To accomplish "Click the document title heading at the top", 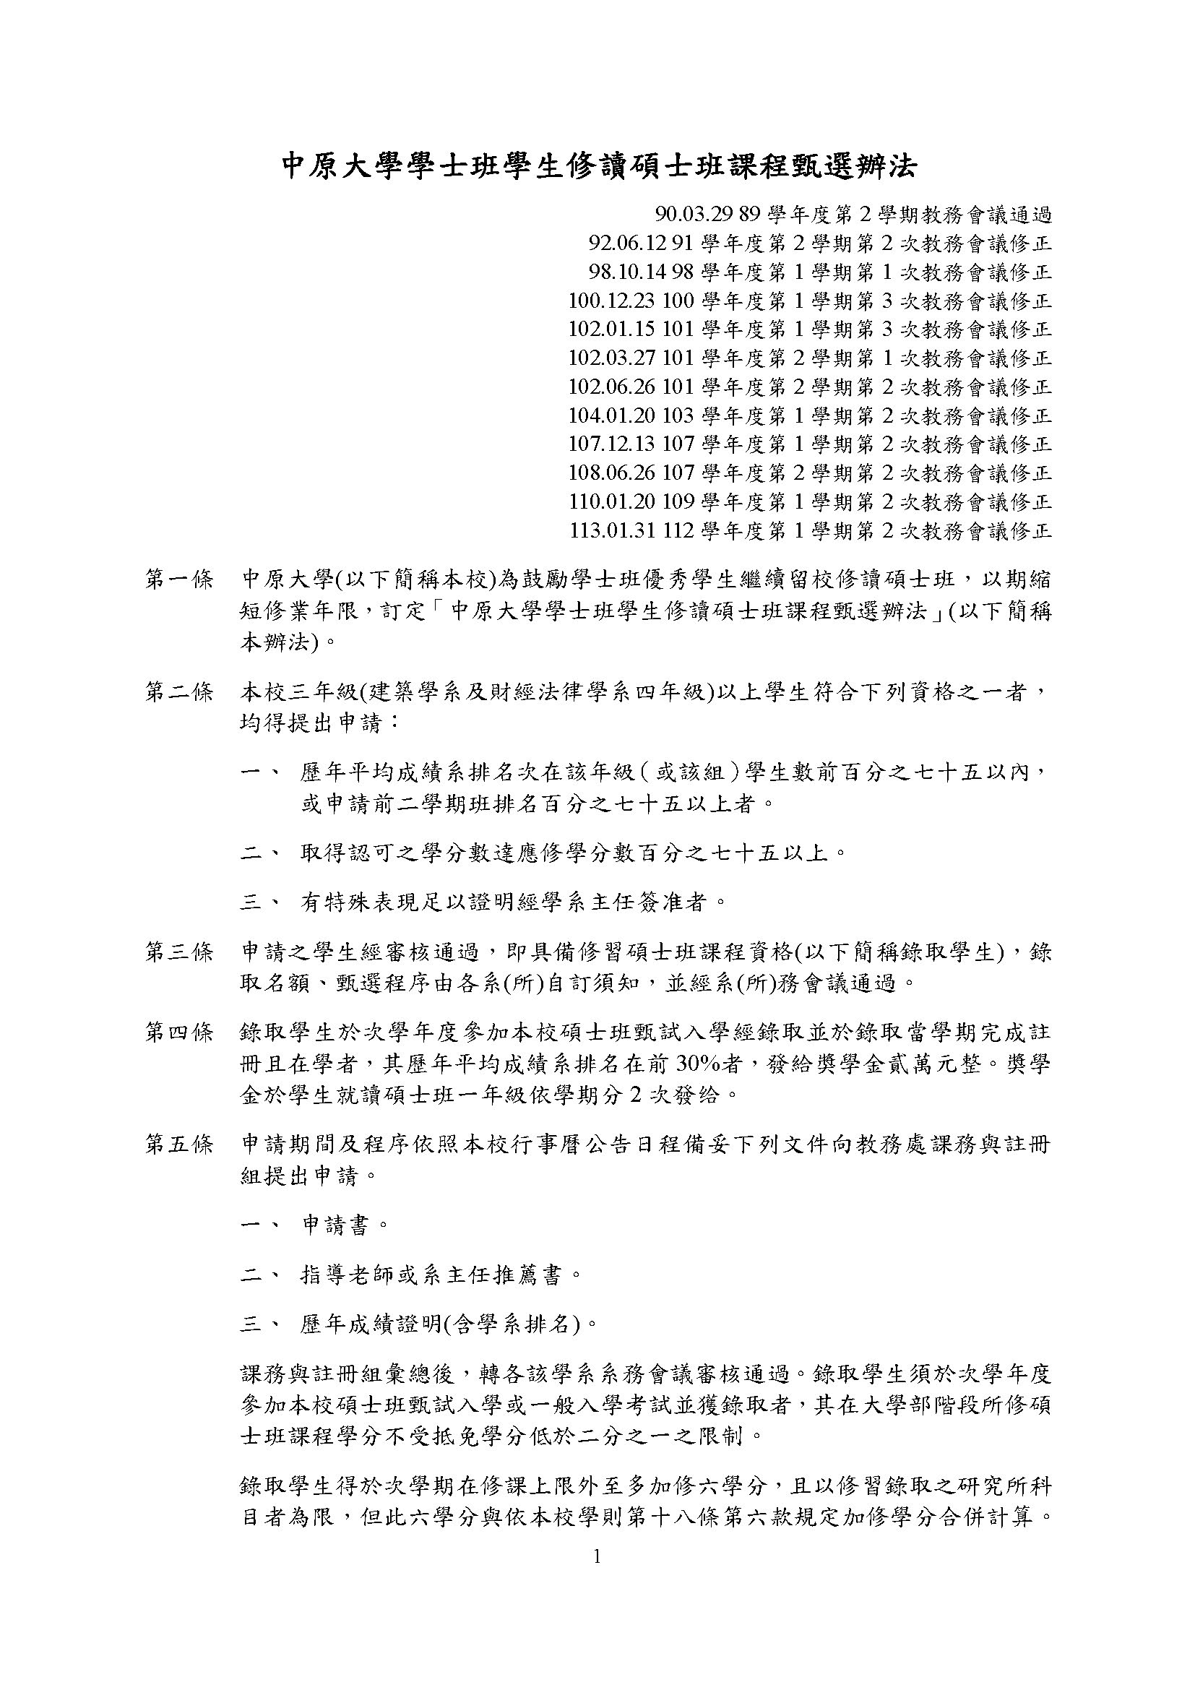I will tap(600, 166).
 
